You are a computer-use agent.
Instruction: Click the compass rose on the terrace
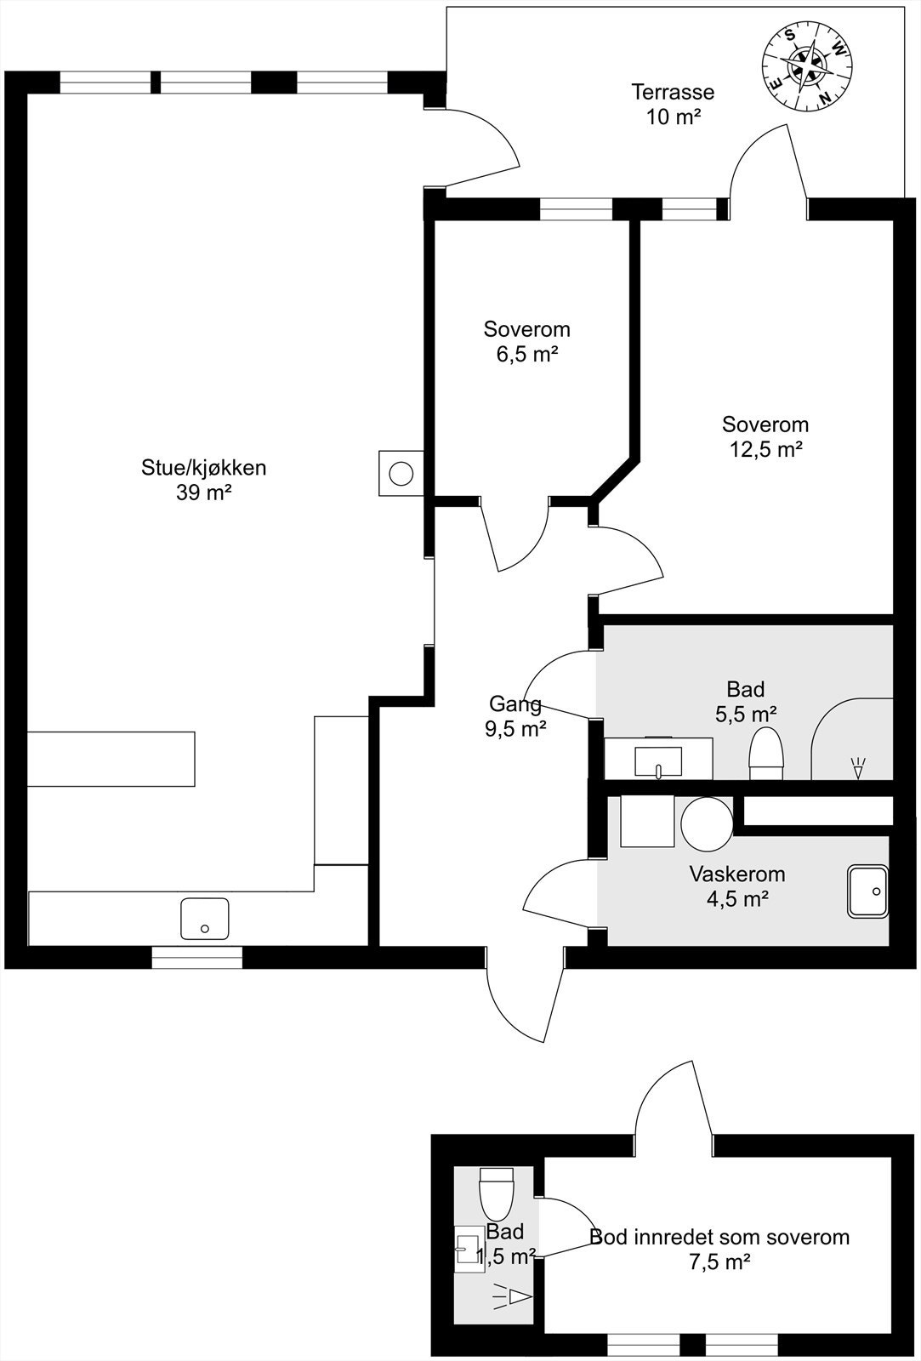click(x=807, y=65)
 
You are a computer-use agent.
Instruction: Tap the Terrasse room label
click(x=673, y=92)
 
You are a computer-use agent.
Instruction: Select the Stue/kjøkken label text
click(x=203, y=467)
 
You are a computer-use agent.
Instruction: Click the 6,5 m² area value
click(x=527, y=354)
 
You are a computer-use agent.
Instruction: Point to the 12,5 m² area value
click(x=765, y=449)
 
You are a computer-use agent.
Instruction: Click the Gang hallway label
click(x=515, y=703)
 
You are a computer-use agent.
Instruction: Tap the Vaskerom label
click(x=737, y=874)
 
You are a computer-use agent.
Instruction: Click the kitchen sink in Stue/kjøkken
click(x=204, y=919)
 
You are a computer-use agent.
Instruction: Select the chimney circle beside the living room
click(x=401, y=472)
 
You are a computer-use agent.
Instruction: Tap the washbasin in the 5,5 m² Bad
click(x=658, y=761)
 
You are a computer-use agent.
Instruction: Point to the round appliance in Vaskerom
click(x=707, y=822)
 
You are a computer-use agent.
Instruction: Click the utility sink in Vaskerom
click(x=867, y=891)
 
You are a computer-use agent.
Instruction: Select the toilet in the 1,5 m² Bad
click(x=497, y=1192)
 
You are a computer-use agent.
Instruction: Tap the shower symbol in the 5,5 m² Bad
click(x=857, y=767)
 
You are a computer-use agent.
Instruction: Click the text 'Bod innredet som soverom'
click(x=719, y=1237)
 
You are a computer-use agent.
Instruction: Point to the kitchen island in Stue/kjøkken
click(x=111, y=759)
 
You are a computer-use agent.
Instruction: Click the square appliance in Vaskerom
click(x=647, y=821)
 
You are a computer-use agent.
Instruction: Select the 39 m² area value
click(x=204, y=493)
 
